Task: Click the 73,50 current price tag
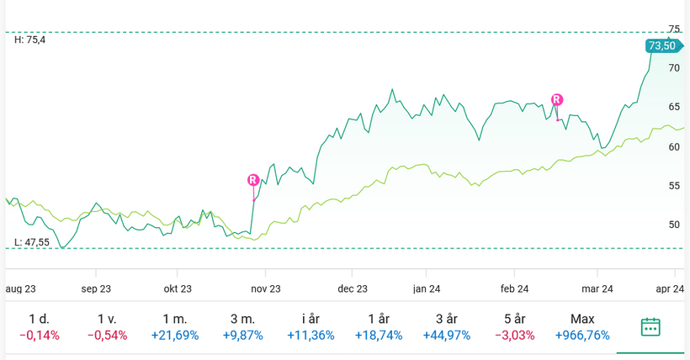coord(661,45)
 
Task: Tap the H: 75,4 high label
coord(30,40)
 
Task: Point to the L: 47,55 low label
coord(32,242)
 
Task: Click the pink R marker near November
coord(253,180)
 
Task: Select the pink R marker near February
coord(556,99)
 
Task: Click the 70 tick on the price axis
coord(674,68)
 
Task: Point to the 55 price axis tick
coord(674,186)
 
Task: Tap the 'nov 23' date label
coord(265,289)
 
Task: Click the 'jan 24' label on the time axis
coord(427,289)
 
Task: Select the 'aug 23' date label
coord(21,289)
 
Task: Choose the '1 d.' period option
coord(39,319)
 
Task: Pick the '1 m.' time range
coord(175,319)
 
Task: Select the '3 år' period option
coord(447,319)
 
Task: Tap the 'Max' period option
coord(582,319)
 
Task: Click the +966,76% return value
coord(582,336)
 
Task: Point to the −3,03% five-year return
coord(515,336)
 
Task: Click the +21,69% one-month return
coord(175,336)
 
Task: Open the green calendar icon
coord(650,327)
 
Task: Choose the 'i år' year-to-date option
coord(310,319)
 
